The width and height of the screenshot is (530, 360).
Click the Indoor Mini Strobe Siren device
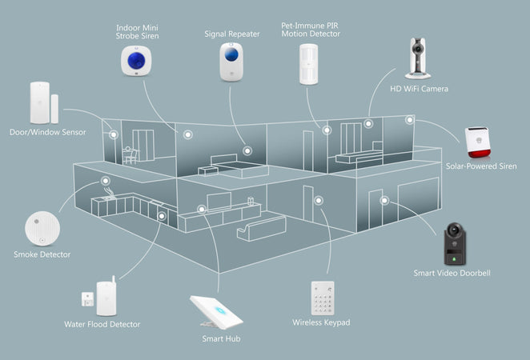pyautogui.click(x=137, y=60)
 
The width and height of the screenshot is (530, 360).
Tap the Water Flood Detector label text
pyautogui.click(x=102, y=325)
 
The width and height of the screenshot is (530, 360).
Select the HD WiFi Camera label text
pyautogui.click(x=419, y=88)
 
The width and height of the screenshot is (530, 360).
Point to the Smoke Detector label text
pyautogui.click(x=42, y=254)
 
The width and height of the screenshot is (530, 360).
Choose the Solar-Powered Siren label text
pyautogui.click(x=481, y=166)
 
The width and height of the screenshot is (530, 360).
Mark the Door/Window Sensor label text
pyautogui.click(x=48, y=132)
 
